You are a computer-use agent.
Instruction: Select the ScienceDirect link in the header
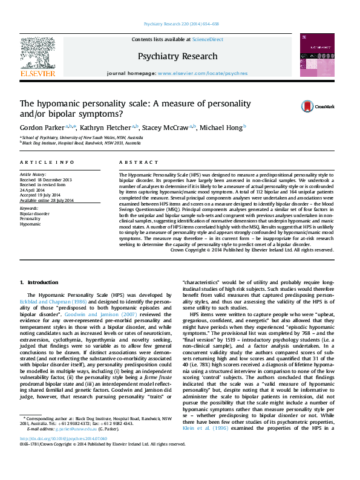click(208, 39)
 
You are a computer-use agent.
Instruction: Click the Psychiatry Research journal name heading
click(177, 56)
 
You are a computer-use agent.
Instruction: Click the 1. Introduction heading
click(39, 282)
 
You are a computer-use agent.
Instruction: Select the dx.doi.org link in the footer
click(63, 456)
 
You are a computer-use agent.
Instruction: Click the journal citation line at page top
click(181, 24)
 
